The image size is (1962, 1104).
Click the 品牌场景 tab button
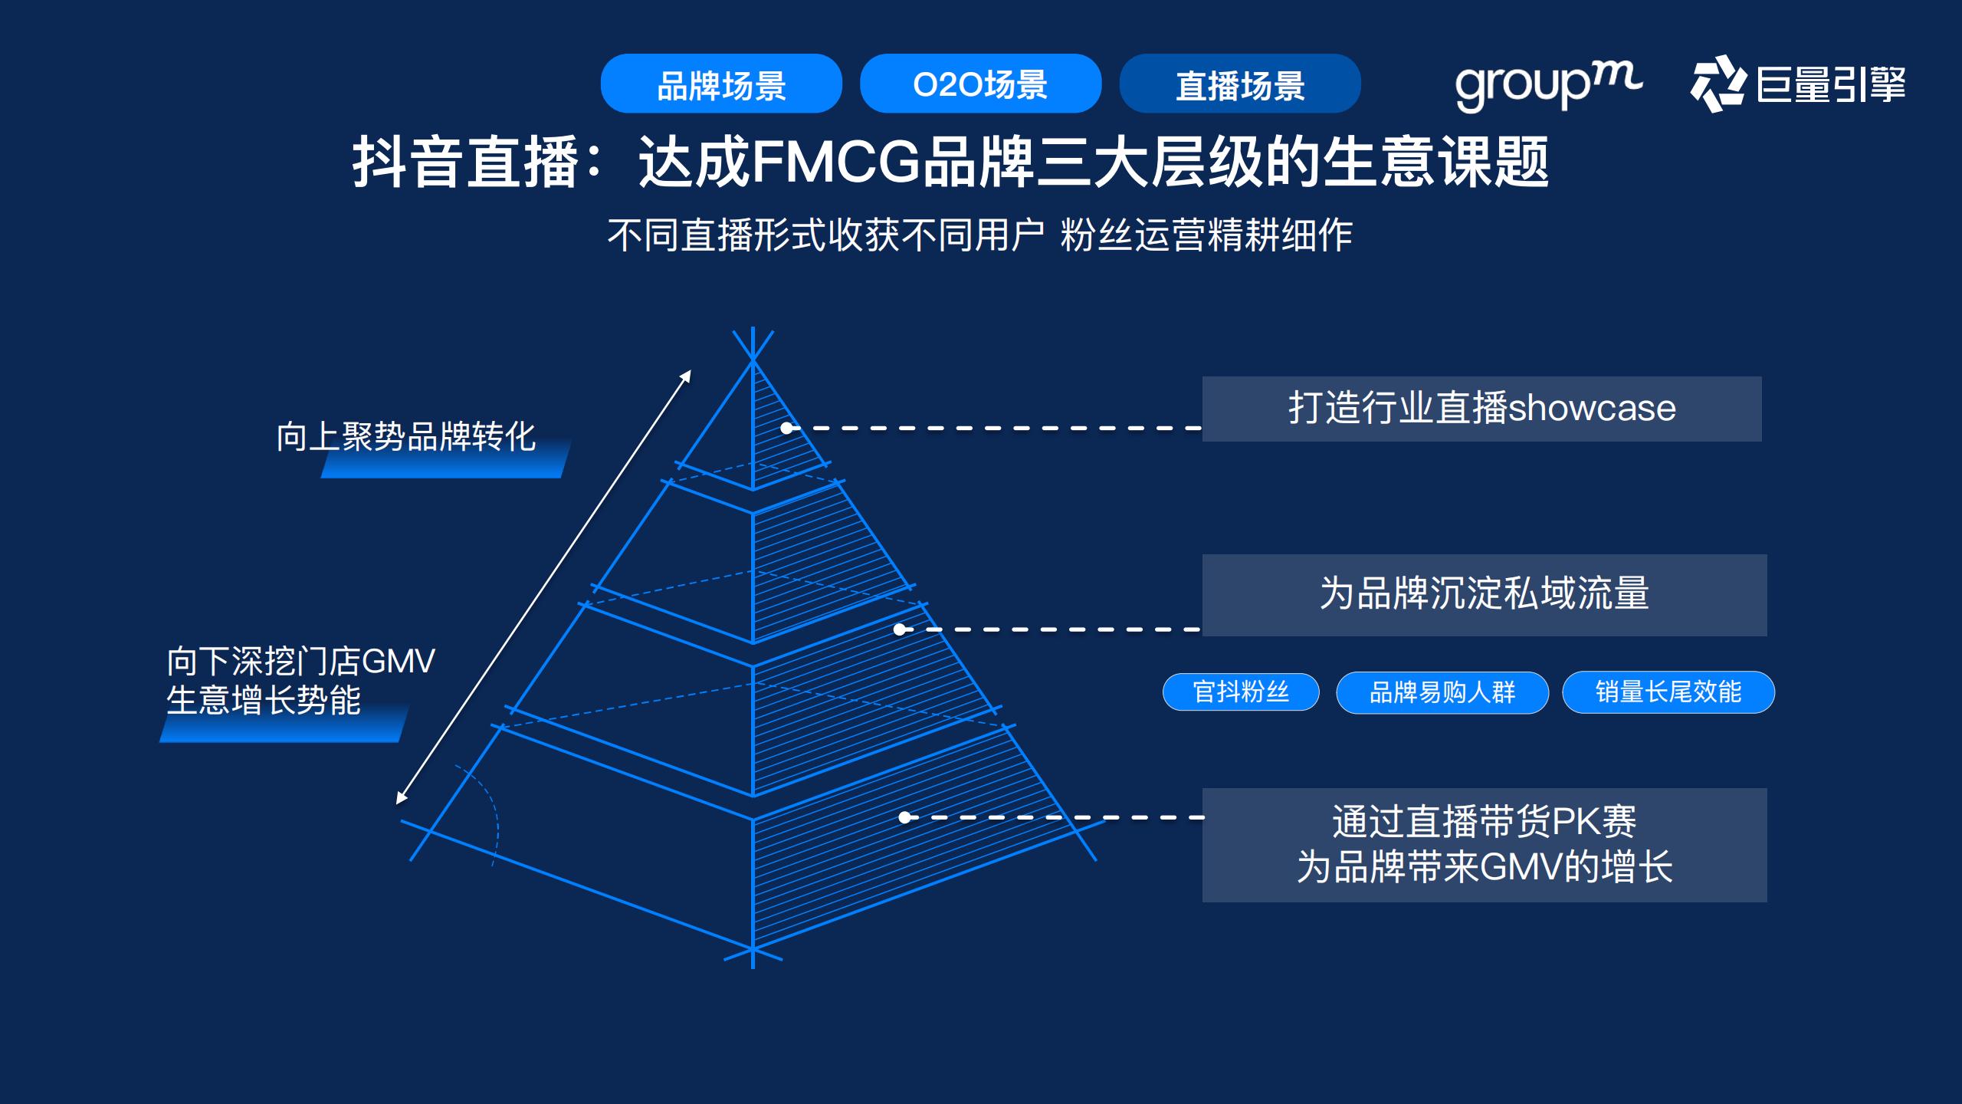[720, 84]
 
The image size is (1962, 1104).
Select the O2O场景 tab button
[980, 84]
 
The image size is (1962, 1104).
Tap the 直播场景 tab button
[1239, 84]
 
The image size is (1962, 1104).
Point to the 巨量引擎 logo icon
[1718, 84]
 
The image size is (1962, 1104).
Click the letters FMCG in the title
[835, 162]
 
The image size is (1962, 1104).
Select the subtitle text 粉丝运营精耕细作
[1206, 235]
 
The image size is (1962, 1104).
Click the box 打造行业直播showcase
[1481, 409]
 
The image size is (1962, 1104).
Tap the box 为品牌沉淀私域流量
[1484, 595]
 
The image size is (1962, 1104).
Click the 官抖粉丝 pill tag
[1241, 692]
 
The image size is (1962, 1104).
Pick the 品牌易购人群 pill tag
[1442, 693]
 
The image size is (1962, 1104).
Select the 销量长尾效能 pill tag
[1668, 692]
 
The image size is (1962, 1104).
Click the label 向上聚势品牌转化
[405, 438]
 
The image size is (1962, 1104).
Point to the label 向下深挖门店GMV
[300, 661]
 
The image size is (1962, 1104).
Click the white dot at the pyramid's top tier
[786, 428]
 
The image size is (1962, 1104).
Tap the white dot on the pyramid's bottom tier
[904, 817]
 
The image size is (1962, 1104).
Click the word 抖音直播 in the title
[465, 162]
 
